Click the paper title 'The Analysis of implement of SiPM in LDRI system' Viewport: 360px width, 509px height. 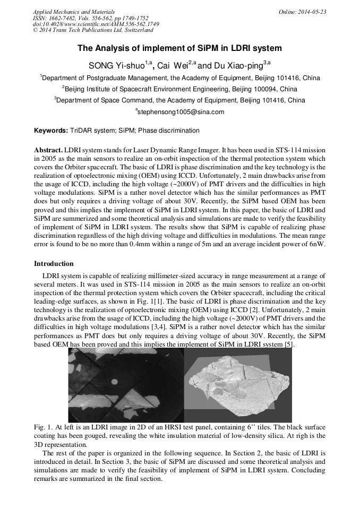coord(179,48)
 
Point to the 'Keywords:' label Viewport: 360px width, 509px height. coord(50,131)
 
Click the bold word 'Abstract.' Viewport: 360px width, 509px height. coord(49,151)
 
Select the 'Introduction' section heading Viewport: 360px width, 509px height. coord(54,264)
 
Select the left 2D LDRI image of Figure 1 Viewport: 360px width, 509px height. coord(125,386)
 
